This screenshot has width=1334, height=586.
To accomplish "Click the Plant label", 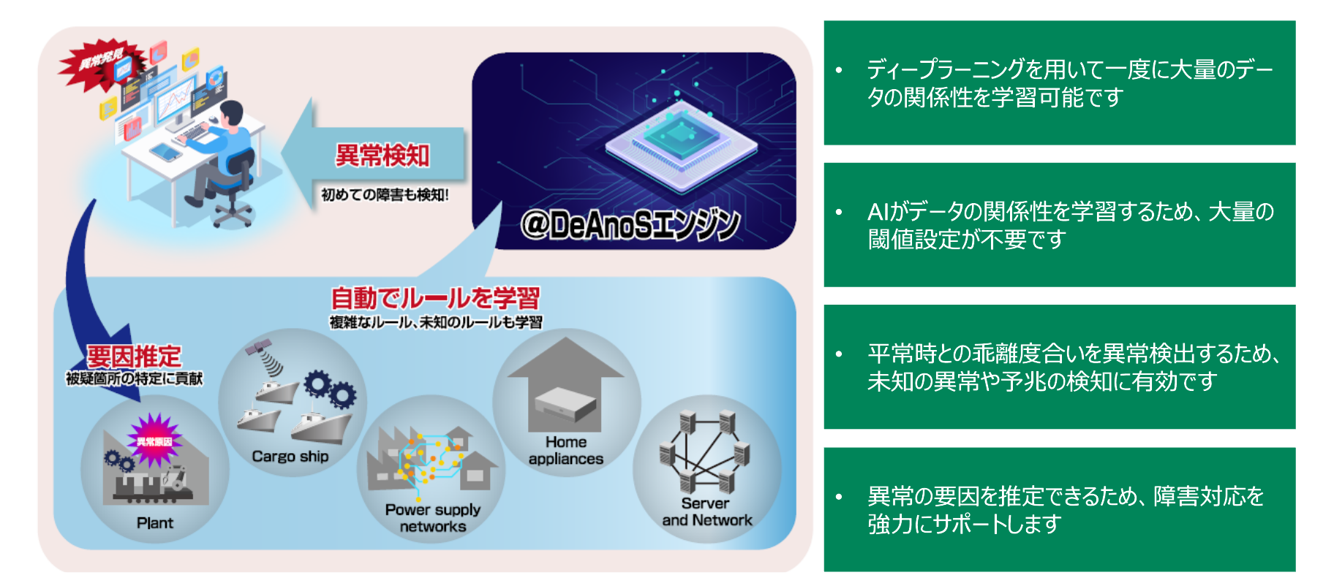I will tap(155, 523).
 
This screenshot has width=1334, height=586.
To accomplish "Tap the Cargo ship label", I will tap(290, 457).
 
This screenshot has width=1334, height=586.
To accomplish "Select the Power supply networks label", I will tap(432, 518).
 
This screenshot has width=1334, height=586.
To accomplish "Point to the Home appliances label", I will tap(566, 451).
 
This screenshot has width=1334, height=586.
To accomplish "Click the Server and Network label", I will tap(706, 512).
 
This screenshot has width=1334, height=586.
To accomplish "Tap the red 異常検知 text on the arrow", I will tap(382, 155).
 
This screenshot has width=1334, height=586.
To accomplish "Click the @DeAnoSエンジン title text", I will tap(630, 224).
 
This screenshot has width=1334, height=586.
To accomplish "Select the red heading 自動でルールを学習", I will tap(435, 298).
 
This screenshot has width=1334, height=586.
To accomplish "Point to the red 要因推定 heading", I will tap(134, 357).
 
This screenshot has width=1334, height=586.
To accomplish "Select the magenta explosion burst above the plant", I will tap(154, 440).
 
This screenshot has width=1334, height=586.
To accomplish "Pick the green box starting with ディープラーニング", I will tap(1059, 83).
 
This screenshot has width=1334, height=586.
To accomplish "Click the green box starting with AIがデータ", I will tap(1059, 225).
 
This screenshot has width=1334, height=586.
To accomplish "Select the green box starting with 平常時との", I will tap(1059, 367).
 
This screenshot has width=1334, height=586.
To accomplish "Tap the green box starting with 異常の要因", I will tap(1059, 509).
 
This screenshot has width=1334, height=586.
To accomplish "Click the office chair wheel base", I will tap(233, 213).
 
